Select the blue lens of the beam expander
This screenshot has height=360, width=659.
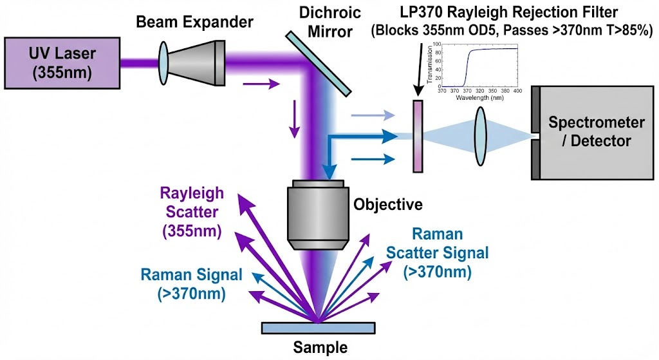[165, 62]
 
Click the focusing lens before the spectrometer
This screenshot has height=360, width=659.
[481, 136]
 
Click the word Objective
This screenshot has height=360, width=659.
[388, 205]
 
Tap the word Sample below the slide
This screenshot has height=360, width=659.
[320, 348]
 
